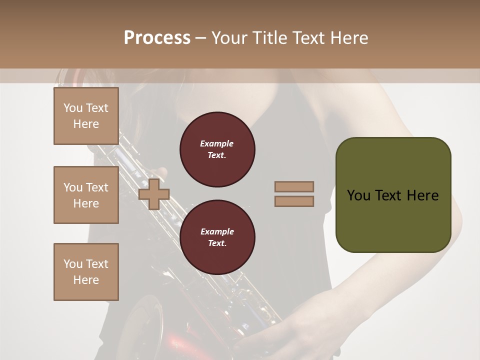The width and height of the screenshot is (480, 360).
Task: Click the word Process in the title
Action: click(x=157, y=38)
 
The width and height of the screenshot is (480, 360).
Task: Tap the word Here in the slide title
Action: click(x=348, y=38)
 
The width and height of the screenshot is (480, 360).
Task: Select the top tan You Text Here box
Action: click(x=86, y=116)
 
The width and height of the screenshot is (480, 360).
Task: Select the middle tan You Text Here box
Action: click(x=86, y=195)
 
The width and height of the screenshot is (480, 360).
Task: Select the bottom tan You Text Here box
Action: click(x=86, y=272)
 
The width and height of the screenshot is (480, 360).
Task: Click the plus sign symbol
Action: click(x=154, y=194)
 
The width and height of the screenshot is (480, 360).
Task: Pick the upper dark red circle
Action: click(x=217, y=149)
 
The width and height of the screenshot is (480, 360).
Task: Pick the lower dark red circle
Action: click(x=217, y=237)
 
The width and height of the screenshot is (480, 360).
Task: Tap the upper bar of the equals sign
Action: click(x=294, y=186)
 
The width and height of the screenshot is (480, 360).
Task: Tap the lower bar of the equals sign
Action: click(x=294, y=201)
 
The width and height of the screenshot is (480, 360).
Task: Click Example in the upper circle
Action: click(x=217, y=143)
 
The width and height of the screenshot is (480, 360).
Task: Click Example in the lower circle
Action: click(x=217, y=231)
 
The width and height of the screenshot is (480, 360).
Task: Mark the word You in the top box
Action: click(x=73, y=108)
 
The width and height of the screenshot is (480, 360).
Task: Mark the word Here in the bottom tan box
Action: click(x=86, y=280)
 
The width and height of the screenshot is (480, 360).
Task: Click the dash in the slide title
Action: click(x=200, y=38)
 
